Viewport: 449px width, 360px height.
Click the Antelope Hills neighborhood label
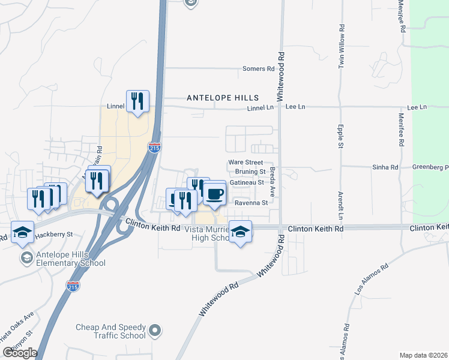coord(222,97)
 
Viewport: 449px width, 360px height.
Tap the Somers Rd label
coord(258,69)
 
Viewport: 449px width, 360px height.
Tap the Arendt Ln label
coord(340,205)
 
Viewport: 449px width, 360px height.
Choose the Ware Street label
coord(246,163)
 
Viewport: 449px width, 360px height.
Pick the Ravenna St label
coord(251,203)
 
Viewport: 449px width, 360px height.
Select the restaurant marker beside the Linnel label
coord(137,101)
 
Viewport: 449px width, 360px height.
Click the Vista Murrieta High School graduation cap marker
coord(240,232)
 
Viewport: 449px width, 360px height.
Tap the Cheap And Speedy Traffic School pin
coord(155,330)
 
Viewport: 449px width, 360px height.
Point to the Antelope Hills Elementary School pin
coord(26,258)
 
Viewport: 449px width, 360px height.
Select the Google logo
coord(20,353)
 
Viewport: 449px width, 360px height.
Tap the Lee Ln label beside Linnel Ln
coord(295,107)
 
